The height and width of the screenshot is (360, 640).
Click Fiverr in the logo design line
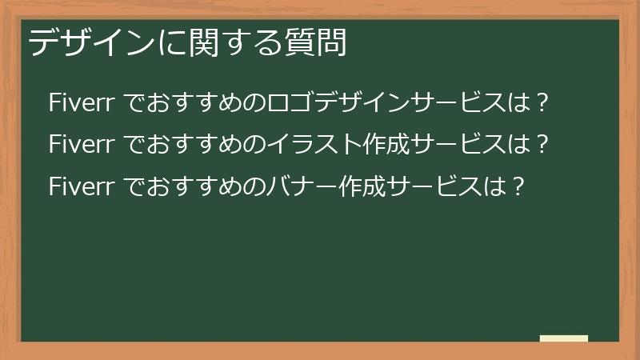pyautogui.click(x=84, y=103)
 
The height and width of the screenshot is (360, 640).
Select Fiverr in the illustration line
pyautogui.click(x=84, y=145)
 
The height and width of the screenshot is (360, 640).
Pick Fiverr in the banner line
pyautogui.click(x=84, y=186)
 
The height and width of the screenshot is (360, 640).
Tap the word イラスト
pyautogui.click(x=302, y=145)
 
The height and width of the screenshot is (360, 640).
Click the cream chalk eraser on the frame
pyautogui.click(x=564, y=338)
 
